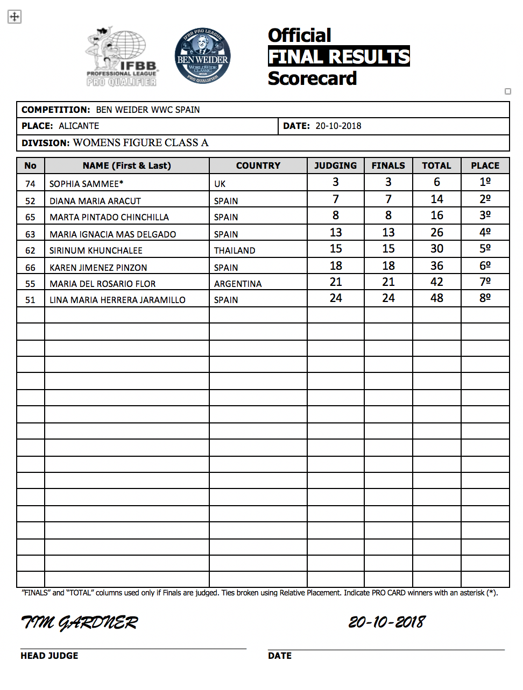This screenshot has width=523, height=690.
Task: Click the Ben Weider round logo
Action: point(203,56)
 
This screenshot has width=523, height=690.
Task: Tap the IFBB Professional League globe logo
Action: point(122,57)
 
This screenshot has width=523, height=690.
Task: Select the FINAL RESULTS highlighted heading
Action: point(338,56)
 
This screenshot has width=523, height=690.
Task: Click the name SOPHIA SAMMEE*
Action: point(86,184)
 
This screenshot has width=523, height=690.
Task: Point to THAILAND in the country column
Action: point(235,250)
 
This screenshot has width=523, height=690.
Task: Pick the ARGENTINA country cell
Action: point(238,284)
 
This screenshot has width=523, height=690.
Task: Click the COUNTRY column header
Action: point(258,166)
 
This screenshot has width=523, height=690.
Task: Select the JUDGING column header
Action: point(335,166)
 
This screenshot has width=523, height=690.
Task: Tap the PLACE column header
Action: point(485,166)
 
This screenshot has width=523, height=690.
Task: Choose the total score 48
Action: point(437,298)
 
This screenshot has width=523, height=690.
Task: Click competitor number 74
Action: point(30,184)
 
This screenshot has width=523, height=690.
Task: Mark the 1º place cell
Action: point(485,182)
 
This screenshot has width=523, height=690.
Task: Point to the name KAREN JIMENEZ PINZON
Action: point(98,268)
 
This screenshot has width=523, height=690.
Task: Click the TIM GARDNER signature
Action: point(80,622)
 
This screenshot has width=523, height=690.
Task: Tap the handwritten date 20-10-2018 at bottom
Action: point(387,622)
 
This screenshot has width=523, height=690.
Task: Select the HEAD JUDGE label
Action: point(50,656)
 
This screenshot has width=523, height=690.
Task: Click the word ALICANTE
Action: point(79,126)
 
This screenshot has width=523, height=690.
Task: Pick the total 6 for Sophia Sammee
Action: point(437,182)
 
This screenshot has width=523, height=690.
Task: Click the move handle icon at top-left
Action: point(15,17)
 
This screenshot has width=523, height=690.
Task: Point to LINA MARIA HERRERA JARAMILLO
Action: point(117,300)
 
